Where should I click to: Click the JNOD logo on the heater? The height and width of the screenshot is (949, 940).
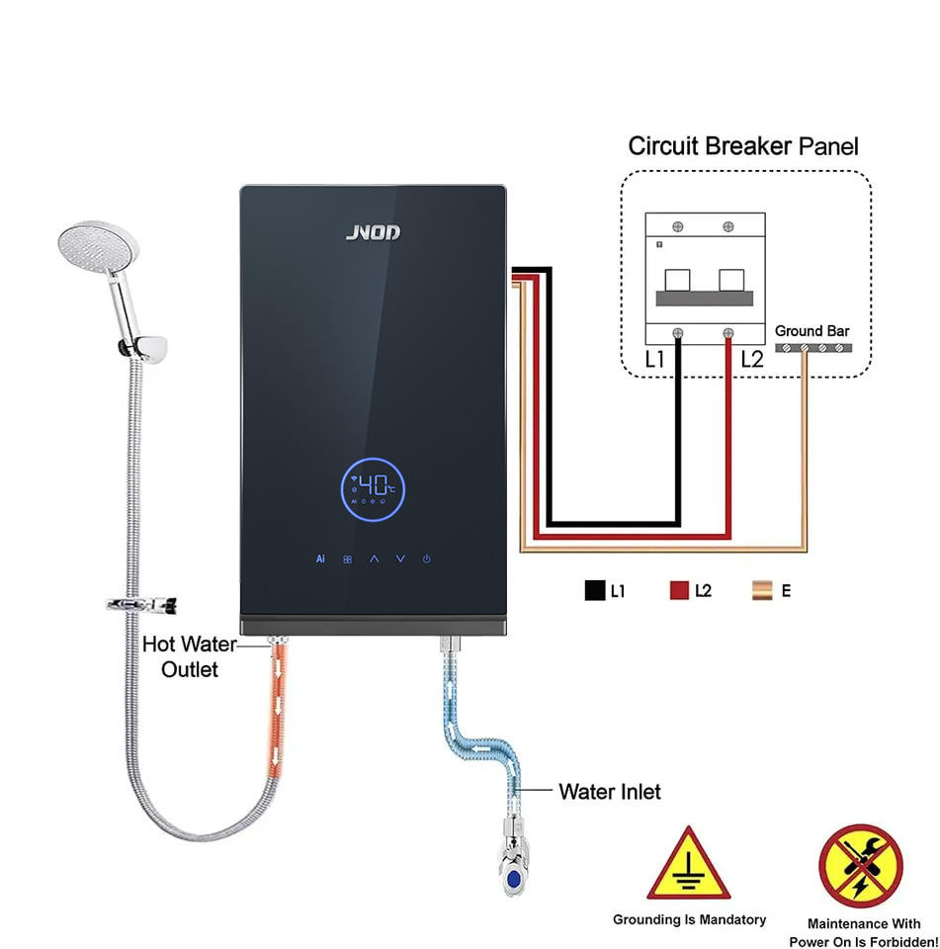point(373,232)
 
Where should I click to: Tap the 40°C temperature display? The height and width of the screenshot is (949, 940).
point(373,489)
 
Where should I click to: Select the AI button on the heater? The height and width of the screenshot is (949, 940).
point(320,559)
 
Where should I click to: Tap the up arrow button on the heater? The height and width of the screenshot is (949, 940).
point(374,559)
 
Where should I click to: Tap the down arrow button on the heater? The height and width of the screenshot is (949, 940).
point(400,559)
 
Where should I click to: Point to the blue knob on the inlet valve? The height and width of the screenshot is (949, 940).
point(514,878)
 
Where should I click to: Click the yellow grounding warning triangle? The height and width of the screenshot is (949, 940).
point(688,864)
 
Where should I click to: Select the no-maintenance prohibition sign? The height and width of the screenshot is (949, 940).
point(861,866)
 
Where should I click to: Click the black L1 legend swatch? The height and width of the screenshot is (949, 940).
point(595,590)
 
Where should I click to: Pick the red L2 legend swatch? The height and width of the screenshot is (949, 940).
point(679,590)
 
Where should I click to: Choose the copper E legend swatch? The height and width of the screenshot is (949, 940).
point(762,590)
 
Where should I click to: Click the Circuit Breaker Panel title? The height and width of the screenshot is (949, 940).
point(743,146)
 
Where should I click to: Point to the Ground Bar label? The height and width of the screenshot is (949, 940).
point(812,331)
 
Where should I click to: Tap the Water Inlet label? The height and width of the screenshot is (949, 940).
point(610,792)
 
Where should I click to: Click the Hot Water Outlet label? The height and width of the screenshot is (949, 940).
point(190,656)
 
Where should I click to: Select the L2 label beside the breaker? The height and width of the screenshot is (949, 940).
point(752,360)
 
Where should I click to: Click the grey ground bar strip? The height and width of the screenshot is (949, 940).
point(813,348)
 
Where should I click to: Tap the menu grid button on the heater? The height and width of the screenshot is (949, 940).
point(347,560)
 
